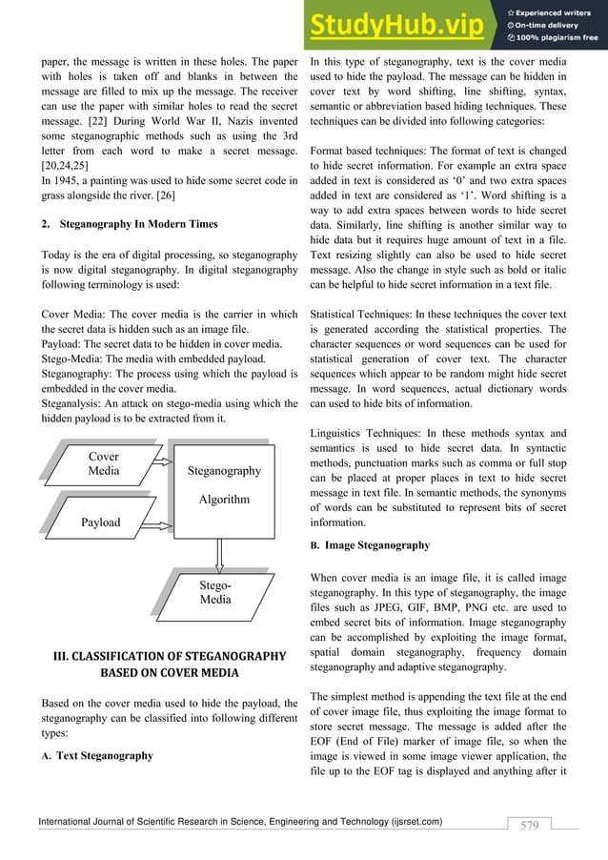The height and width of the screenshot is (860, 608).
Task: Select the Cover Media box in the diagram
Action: point(103,464)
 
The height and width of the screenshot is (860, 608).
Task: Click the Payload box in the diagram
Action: point(100,522)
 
